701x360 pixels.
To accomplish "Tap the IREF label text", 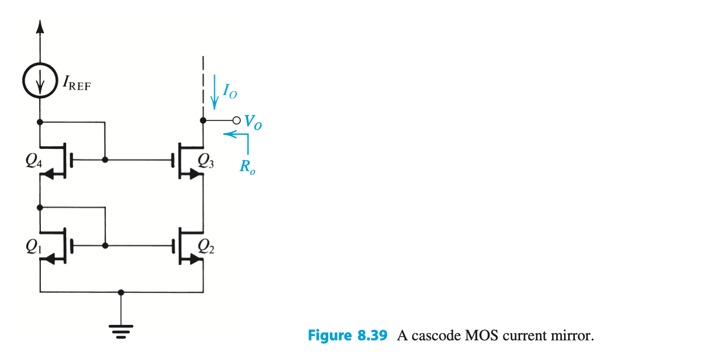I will coord(75,83).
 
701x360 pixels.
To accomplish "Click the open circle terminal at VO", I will coord(236,121).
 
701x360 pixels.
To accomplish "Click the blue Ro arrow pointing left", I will coord(230,134).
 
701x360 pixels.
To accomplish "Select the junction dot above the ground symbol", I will coord(121,292).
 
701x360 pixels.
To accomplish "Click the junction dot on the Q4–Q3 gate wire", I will coord(105,160).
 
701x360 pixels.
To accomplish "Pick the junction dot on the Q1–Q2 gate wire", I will coord(105,245).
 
